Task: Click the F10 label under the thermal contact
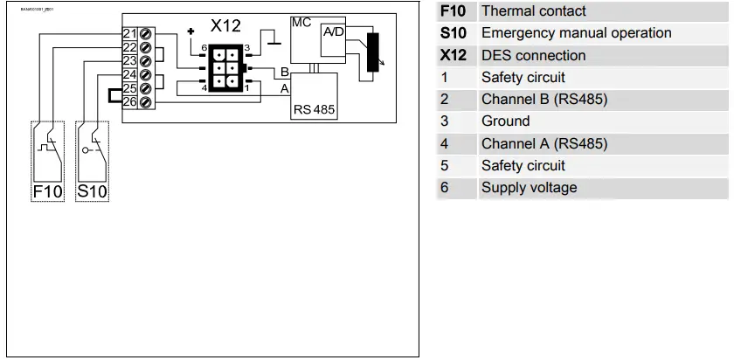47,191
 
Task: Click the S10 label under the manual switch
93,191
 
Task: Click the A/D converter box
334,32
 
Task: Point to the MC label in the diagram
301,22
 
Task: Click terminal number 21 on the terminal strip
129,34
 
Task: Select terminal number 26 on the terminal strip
129,102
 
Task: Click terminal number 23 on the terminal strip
129,61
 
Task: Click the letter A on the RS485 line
284,88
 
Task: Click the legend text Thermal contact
533,11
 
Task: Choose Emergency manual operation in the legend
576,33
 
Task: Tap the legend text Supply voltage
529,187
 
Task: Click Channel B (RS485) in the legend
544,99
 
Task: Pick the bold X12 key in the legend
453,55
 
